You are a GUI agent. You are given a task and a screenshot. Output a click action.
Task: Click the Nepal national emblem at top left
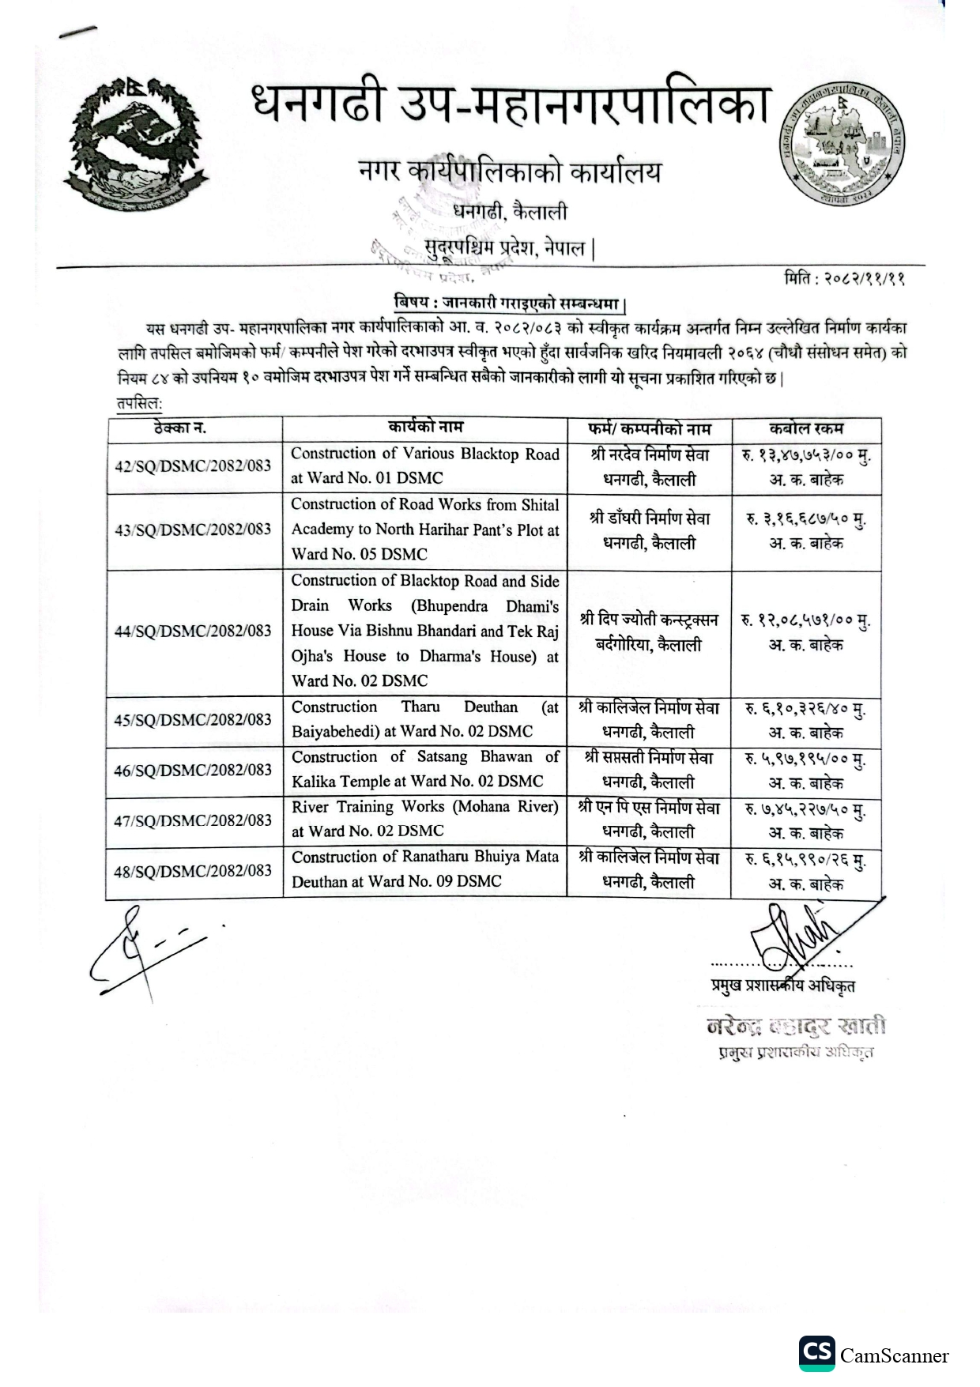(133, 143)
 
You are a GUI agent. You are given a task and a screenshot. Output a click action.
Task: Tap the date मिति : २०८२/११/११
(844, 278)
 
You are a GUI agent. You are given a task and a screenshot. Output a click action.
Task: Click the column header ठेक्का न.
(180, 428)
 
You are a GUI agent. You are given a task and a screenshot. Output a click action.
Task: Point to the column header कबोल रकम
(806, 428)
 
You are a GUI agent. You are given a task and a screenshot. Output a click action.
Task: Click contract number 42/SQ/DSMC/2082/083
(193, 465)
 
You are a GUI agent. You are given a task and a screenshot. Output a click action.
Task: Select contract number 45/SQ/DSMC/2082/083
(193, 720)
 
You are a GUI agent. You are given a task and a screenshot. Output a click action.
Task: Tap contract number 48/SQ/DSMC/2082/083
(193, 871)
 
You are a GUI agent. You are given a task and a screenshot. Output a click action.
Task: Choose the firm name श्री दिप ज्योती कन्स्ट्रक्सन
(649, 620)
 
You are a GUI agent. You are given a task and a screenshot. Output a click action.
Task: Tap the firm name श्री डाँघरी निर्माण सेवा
(649, 518)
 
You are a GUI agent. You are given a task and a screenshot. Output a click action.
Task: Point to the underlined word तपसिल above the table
(138, 404)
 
